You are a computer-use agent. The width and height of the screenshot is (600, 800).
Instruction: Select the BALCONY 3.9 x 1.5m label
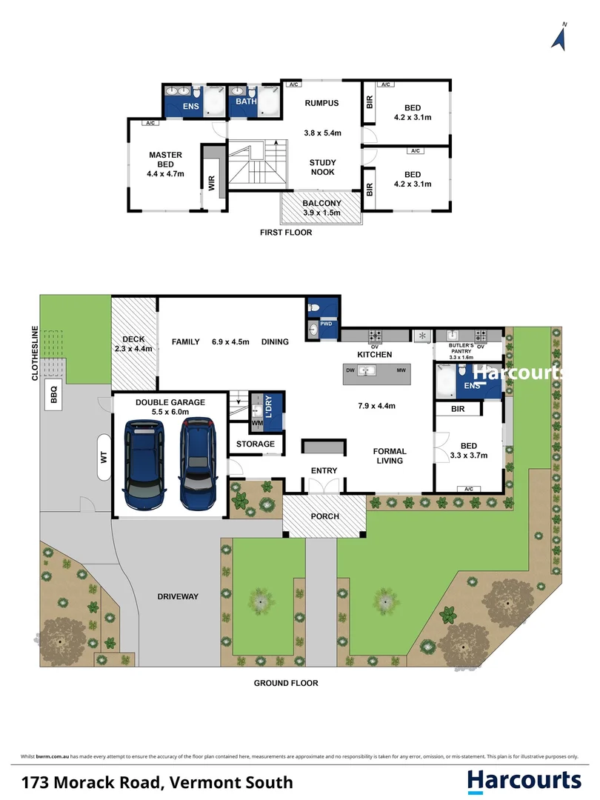tap(321, 207)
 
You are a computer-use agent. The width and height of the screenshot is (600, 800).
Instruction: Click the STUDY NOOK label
tap(322, 167)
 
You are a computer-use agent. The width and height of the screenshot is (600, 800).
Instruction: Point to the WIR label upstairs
tap(212, 184)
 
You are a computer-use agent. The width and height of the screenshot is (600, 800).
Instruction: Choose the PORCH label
tap(324, 516)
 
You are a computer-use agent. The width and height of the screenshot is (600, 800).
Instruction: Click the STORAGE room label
tap(256, 444)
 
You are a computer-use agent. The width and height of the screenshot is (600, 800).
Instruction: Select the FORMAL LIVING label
tap(389, 456)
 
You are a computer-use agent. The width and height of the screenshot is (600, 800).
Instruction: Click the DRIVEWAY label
tap(178, 596)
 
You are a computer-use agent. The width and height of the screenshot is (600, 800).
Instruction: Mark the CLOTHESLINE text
tap(34, 353)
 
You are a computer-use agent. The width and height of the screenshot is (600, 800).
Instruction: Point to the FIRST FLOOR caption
tap(286, 232)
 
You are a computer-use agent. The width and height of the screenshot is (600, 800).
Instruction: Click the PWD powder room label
tap(327, 324)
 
